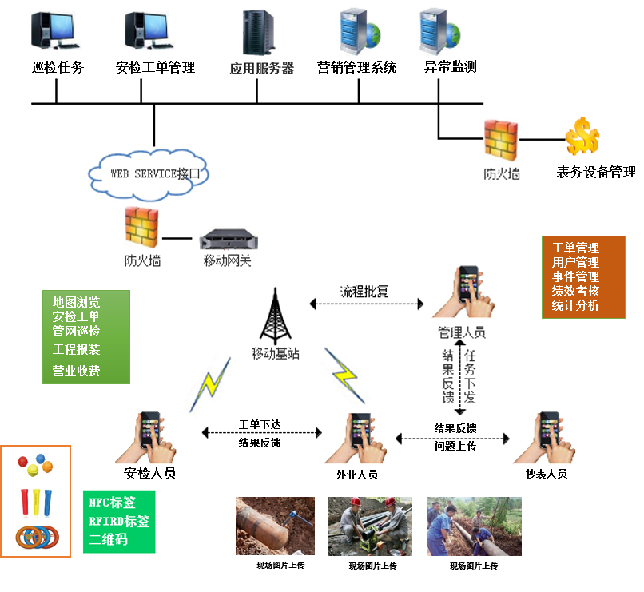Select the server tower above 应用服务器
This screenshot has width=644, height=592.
click(x=258, y=32)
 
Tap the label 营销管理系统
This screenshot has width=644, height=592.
click(x=356, y=67)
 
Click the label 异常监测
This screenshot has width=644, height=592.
click(x=450, y=66)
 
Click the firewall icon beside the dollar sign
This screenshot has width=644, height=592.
click(x=501, y=141)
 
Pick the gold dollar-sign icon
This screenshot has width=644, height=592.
click(x=582, y=137)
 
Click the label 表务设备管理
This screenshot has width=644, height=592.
click(x=595, y=172)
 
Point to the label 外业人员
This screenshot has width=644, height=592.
click(x=357, y=475)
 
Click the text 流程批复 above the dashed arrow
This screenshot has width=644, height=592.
click(x=364, y=291)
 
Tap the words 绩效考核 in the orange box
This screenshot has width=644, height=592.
click(x=575, y=291)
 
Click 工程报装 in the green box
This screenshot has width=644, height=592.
click(x=77, y=349)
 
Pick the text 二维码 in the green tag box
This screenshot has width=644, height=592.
click(x=108, y=538)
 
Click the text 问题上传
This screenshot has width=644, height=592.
click(x=455, y=446)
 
